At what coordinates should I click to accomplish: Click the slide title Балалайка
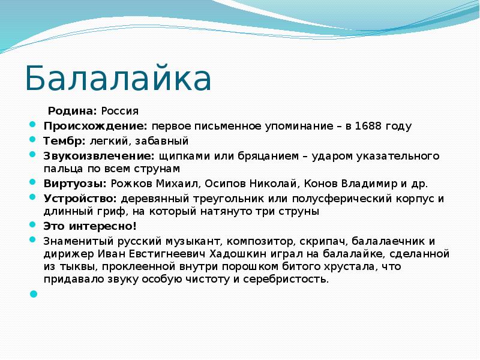(118, 79)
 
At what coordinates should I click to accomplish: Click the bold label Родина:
(72, 111)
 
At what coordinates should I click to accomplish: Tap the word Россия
(119, 111)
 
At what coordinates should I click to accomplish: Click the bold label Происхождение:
(95, 126)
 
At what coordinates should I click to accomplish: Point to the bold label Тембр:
(64, 141)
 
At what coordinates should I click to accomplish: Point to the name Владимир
(358, 184)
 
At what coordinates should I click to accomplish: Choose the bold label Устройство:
(80, 198)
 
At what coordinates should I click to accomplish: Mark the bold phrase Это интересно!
(90, 226)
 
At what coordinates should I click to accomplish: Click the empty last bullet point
(33, 294)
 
